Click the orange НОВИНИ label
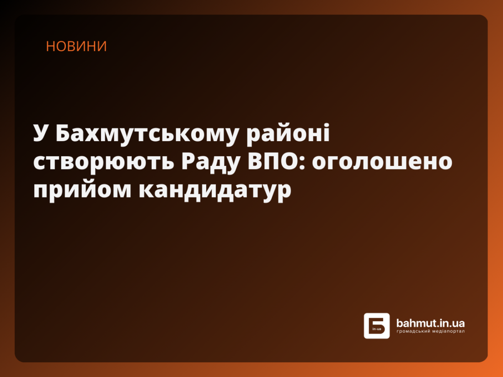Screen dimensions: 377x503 click(x=76, y=46)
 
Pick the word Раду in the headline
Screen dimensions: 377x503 click(x=210, y=162)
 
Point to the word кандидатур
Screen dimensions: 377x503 click(x=214, y=189)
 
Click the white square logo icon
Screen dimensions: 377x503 click(x=377, y=326)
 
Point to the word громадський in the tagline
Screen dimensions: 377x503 click(x=412, y=331)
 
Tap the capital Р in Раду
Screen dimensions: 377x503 click(x=190, y=162)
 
